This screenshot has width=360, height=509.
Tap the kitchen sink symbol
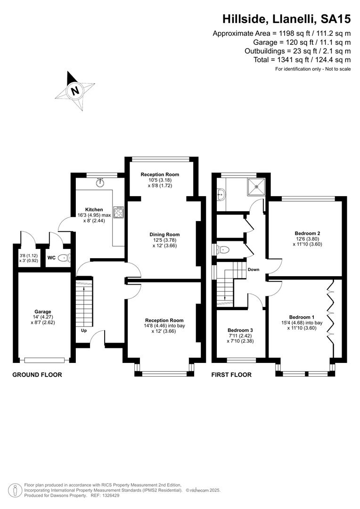click(x=100, y=182)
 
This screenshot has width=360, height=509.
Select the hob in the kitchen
click(x=118, y=212)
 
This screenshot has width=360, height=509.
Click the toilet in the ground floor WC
click(x=64, y=258)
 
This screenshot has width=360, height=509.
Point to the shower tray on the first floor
click(x=256, y=187)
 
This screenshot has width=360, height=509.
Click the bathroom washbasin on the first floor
click(x=221, y=194)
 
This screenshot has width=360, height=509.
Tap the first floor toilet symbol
click(x=223, y=249)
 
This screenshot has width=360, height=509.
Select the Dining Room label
click(x=164, y=234)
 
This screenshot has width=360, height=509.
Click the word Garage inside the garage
click(x=43, y=312)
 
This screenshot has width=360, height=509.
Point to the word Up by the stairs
click(x=84, y=331)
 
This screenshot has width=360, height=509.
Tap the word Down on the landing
click(x=254, y=270)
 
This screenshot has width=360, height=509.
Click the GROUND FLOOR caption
click(x=37, y=375)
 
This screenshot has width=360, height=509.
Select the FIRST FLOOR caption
click(x=231, y=375)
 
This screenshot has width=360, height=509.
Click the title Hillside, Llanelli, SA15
click(x=286, y=19)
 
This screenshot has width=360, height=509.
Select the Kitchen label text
click(x=94, y=210)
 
